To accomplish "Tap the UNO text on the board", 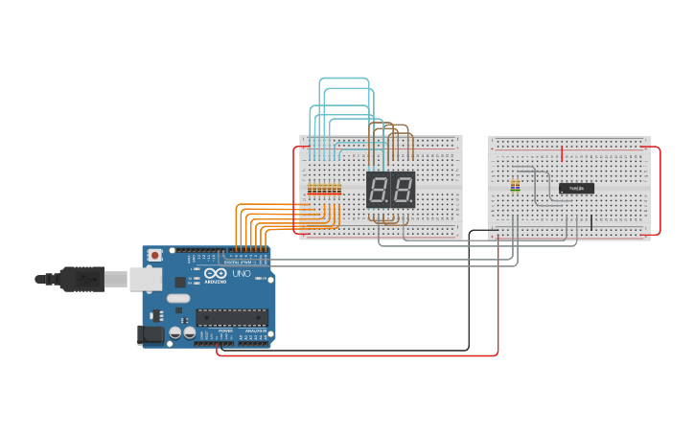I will pos(242,274).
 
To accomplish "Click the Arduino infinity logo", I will pos(180,282).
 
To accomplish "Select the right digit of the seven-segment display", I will pos(403,190).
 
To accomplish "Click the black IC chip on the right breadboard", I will pos(576,188).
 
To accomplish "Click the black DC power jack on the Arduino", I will pos(150,335).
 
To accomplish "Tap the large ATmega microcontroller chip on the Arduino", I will pos(230,317).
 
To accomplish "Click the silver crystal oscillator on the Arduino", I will pos(178,298).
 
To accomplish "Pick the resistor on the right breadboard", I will pos(515,185).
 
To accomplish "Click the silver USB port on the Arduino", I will pos(144,278).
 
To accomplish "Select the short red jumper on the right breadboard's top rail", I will pos(562,153).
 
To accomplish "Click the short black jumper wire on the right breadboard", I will pos(591,222).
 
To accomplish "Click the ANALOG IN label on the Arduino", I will pos(254,331).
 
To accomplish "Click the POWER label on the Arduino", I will pos(226,331).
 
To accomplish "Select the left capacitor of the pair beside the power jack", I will pos(176,332).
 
